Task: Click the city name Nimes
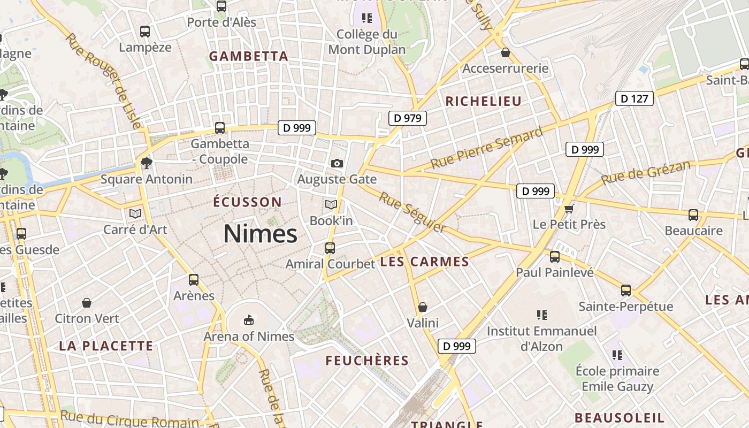click(260, 234)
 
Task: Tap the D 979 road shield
click(407, 118)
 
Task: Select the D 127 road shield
click(634, 98)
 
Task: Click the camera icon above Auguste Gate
click(337, 163)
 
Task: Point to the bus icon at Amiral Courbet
click(330, 248)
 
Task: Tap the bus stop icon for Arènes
click(194, 280)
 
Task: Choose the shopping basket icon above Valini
click(423, 307)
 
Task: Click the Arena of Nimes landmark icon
click(248, 320)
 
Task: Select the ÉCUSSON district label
click(247, 202)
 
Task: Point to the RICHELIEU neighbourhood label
click(483, 101)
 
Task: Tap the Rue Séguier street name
click(412, 212)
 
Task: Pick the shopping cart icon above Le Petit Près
click(569, 208)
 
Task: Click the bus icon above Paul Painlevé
click(555, 257)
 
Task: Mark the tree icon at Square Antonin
click(146, 163)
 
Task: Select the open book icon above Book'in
click(331, 204)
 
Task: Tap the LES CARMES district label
click(424, 262)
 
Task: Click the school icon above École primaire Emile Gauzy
click(617, 355)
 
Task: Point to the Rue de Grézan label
click(646, 173)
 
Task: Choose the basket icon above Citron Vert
click(87, 303)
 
